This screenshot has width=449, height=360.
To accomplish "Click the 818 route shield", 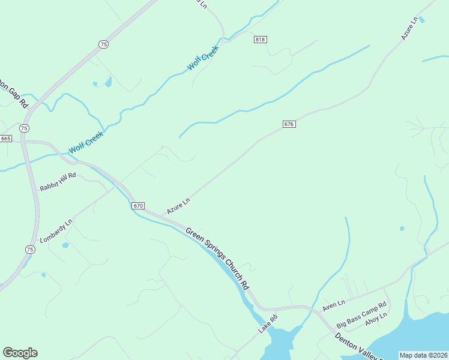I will pyautogui.click(x=260, y=40).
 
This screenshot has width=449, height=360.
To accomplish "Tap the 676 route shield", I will pyautogui.click(x=289, y=124).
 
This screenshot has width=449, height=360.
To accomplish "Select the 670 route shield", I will pyautogui.click(x=138, y=206).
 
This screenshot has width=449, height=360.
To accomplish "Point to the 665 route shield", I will pyautogui.click(x=5, y=139).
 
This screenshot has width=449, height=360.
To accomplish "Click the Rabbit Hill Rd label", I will pyautogui.click(x=58, y=182).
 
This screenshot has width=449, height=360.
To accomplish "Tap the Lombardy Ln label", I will pyautogui.click(x=56, y=231).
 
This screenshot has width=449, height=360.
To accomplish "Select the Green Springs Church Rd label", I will pyautogui.click(x=217, y=258).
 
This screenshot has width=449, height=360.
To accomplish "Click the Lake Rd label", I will pyautogui.click(x=268, y=325).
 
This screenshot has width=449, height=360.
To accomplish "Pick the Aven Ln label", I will pyautogui.click(x=334, y=305).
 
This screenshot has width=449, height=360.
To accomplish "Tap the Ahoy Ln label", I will pyautogui.click(x=376, y=324).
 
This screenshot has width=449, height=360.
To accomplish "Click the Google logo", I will pyautogui.click(x=20, y=353).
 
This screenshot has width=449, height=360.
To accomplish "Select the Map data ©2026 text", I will pyautogui.click(x=424, y=355).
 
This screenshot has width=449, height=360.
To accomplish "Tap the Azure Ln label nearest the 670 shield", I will pyautogui.click(x=178, y=206).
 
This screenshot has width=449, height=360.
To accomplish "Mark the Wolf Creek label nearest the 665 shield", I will pyautogui.click(x=86, y=142).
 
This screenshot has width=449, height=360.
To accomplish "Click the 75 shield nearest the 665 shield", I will pyautogui.click(x=23, y=128).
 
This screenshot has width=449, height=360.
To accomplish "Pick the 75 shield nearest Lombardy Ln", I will pyautogui.click(x=30, y=249).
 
